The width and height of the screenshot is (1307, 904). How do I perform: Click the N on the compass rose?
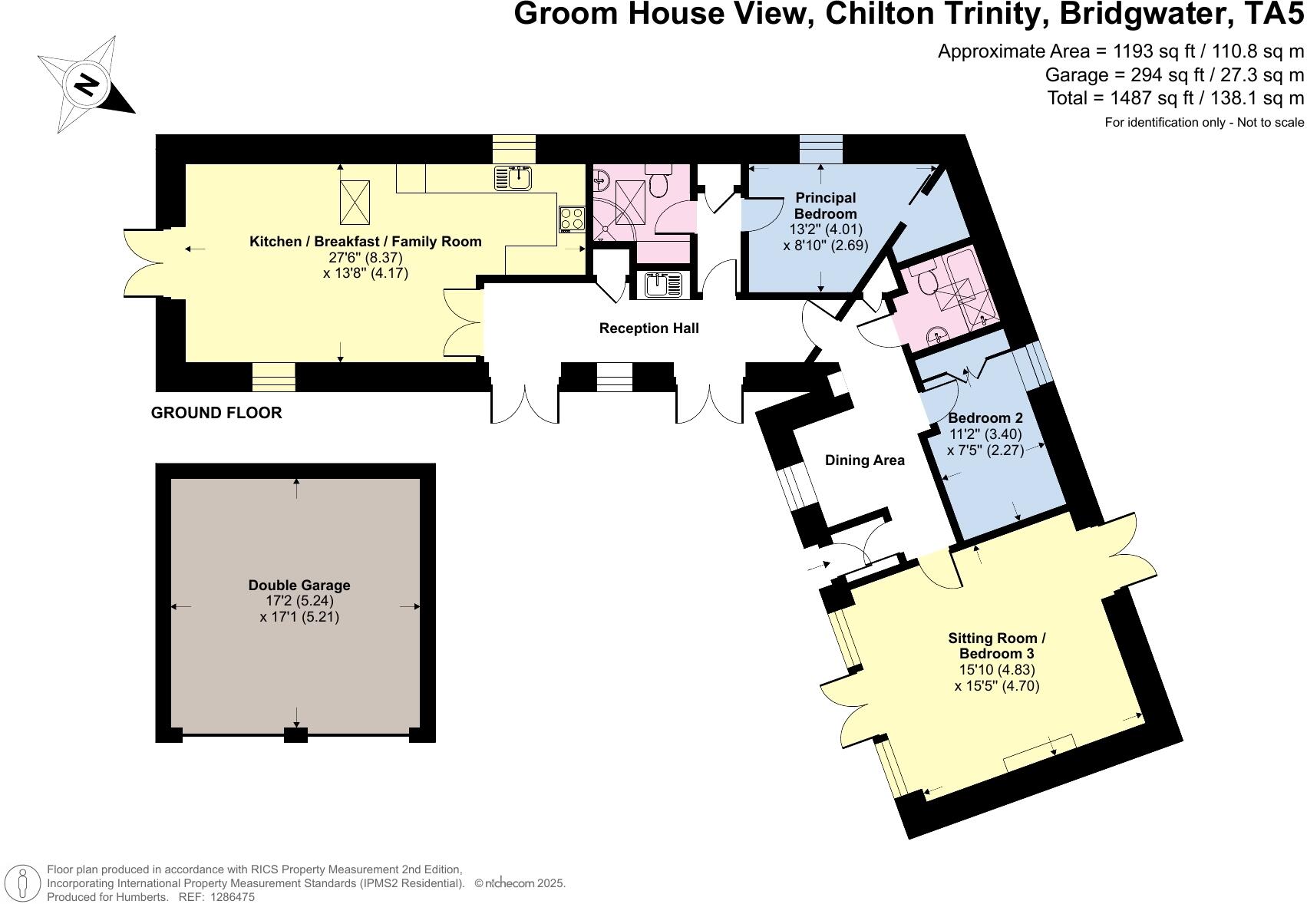point(87,85)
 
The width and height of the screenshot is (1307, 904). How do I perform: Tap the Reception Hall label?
point(649,328)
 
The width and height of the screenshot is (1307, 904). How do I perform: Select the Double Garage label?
point(299,585)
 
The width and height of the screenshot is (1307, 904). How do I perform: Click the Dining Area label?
point(865,460)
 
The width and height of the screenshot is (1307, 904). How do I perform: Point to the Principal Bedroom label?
point(826,206)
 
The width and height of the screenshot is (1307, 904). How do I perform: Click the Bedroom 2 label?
point(985,418)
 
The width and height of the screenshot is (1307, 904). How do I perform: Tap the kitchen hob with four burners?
point(572,219)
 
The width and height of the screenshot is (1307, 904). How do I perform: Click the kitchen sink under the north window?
point(513,177)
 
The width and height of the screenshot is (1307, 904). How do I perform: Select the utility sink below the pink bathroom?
point(663,285)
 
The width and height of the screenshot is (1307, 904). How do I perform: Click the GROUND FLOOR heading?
point(216,413)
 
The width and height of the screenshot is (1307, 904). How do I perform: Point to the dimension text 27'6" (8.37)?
point(366,257)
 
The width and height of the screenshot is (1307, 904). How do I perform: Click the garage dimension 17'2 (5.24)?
point(299,601)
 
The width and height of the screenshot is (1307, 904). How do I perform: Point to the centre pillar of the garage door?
point(295,734)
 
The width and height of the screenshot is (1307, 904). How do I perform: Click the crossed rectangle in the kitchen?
point(355,203)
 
